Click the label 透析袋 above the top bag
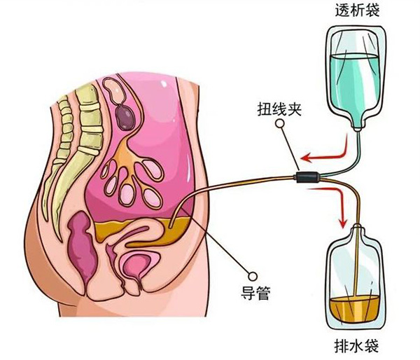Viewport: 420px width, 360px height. click(x=357, y=11)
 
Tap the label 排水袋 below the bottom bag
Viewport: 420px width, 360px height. click(x=356, y=346)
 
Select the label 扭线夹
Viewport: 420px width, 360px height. click(x=279, y=109)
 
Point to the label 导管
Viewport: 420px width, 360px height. click(x=255, y=293)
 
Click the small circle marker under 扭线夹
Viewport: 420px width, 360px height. click(x=280, y=123)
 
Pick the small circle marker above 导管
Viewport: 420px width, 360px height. click(x=252, y=276)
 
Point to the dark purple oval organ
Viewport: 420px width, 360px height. click(x=125, y=116)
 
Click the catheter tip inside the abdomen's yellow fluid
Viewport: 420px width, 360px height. click(x=170, y=227)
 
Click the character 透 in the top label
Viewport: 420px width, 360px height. click(x=342, y=11)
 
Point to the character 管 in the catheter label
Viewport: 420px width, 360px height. click(x=263, y=293)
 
